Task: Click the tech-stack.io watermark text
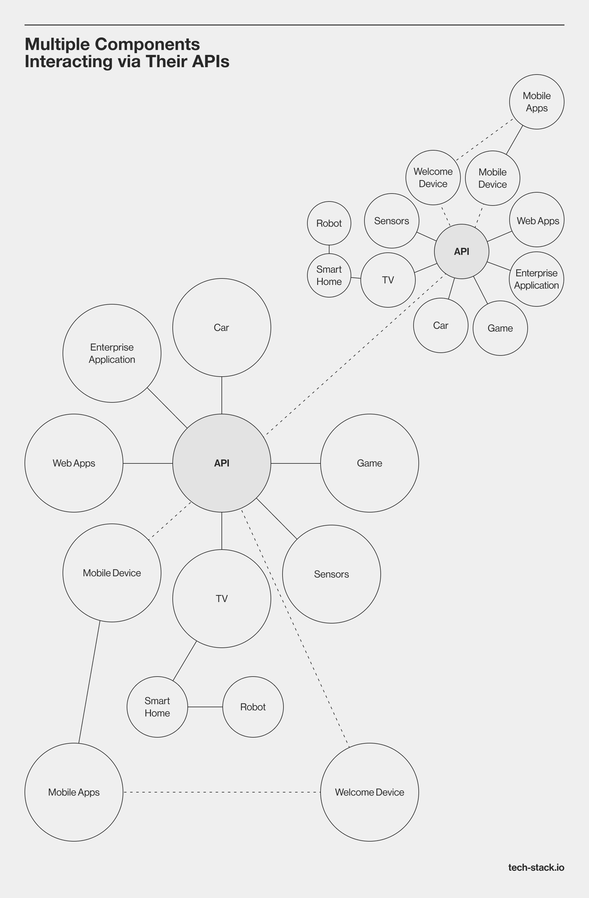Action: pyautogui.click(x=536, y=867)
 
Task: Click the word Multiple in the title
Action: pyautogui.click(x=57, y=44)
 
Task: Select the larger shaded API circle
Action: pyautogui.click(x=221, y=463)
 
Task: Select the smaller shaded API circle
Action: pyautogui.click(x=461, y=251)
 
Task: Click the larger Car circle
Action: pyautogui.click(x=221, y=327)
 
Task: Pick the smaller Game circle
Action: pyautogui.click(x=500, y=328)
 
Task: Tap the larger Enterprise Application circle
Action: pyautogui.click(x=112, y=353)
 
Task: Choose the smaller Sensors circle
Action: pyautogui.click(x=391, y=221)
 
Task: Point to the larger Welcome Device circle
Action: pyautogui.click(x=369, y=792)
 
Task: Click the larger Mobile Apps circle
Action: pyautogui.click(x=74, y=792)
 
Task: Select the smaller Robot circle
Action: pyautogui.click(x=329, y=223)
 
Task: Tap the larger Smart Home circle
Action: pyautogui.click(x=157, y=707)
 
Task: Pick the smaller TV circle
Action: pyautogui.click(x=388, y=280)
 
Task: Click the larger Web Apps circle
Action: pyautogui.click(x=74, y=463)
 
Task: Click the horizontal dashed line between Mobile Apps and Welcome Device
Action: pyautogui.click(x=221, y=792)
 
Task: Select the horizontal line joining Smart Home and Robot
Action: pyautogui.click(x=205, y=707)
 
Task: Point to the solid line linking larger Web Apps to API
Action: pyautogui.click(x=148, y=463)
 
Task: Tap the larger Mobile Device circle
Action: pyautogui.click(x=112, y=573)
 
